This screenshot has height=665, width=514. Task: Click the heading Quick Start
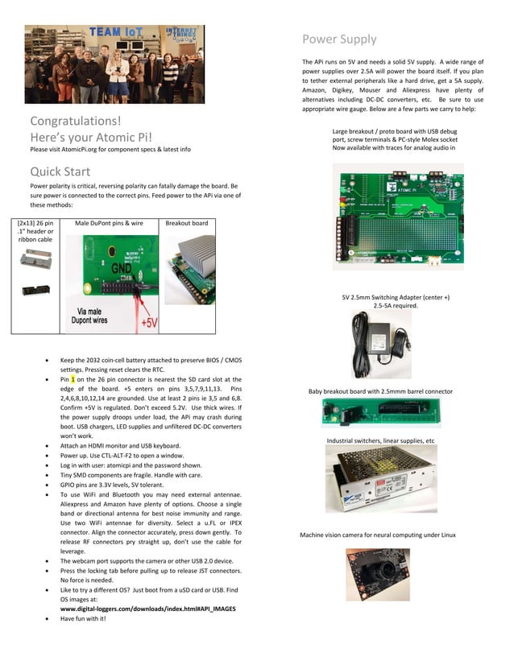tap(60, 171)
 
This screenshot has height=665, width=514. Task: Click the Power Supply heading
tap(338, 39)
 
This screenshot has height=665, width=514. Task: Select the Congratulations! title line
tap(76, 122)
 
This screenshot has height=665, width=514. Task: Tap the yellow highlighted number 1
tap(73, 379)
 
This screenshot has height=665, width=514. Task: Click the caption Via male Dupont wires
tap(104, 314)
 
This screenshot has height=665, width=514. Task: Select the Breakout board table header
tap(186, 223)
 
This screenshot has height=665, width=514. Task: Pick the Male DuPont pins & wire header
tap(109, 223)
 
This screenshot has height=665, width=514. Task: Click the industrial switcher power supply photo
tap(380, 480)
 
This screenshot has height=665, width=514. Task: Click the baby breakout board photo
tap(380, 414)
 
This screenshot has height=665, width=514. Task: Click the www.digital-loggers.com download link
tap(148, 609)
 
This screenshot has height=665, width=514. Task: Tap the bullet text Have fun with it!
tap(83, 619)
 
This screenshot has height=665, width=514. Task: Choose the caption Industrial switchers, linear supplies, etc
tap(380, 441)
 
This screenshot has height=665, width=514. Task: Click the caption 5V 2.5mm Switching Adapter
tap(396, 297)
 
